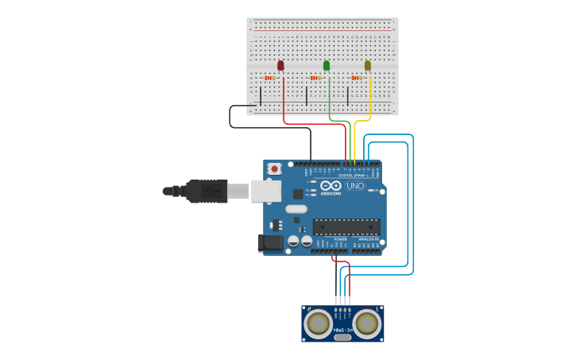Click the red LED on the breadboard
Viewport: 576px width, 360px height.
280,65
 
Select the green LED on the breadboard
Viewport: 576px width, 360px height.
327,65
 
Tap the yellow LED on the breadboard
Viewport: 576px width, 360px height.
368,65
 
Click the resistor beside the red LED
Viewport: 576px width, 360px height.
270,78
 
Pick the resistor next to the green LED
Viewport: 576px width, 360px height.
315,78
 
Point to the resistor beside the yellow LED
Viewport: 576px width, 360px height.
357,78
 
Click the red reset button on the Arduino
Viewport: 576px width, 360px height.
275,168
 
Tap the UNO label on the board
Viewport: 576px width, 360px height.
355,186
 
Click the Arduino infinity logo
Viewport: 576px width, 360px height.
331,185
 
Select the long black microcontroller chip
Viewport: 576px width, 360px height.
346,226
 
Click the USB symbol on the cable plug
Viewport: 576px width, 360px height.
211,191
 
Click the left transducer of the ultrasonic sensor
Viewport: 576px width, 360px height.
319,323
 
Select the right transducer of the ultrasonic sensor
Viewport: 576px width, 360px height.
367,323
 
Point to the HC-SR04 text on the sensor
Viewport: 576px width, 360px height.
342,328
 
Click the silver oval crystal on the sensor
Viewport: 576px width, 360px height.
342,338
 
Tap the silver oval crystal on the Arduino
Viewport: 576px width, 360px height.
296,210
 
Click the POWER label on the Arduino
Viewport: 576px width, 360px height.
340,238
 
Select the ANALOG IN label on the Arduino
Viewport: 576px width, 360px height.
368,238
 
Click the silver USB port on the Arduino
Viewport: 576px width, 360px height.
266,191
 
